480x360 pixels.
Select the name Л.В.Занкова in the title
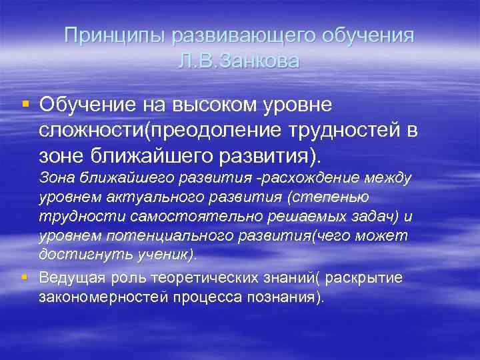240,61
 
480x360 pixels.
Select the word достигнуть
74,255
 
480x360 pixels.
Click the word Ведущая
69,278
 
